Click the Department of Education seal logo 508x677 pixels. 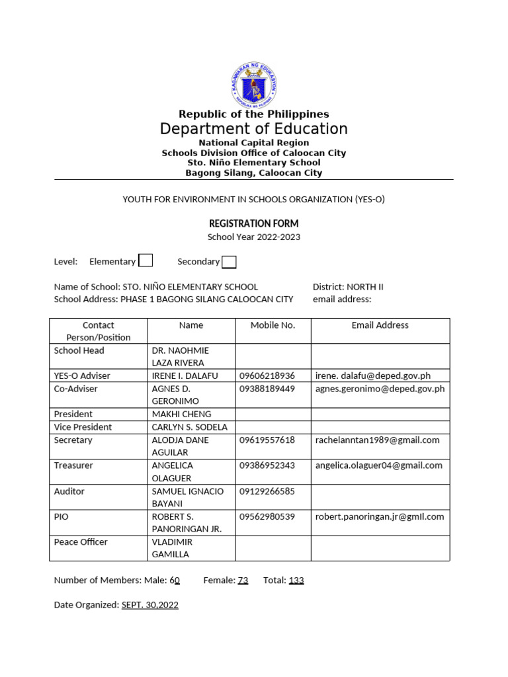coord(254,85)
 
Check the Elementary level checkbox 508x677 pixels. coord(146,260)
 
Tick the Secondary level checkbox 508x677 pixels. coord(229,262)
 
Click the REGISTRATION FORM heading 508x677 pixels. coord(254,223)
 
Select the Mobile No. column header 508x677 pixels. coord(273,325)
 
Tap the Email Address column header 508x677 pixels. coord(380,325)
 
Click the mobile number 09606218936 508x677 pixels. coord(267,376)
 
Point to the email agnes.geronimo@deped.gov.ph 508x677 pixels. coord(380,389)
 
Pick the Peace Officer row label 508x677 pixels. coord(81,542)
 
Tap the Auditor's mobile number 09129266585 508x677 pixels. coord(267,491)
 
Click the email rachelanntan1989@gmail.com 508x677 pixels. coord(377,440)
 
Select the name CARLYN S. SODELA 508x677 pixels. coord(189,427)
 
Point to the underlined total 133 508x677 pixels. coord(296,580)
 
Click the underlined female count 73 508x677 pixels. coord(243,580)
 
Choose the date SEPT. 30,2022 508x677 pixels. coord(150,605)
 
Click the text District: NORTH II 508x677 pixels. coord(348,287)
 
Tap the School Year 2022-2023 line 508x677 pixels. coord(254,237)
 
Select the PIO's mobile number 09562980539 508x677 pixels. coord(267,516)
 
